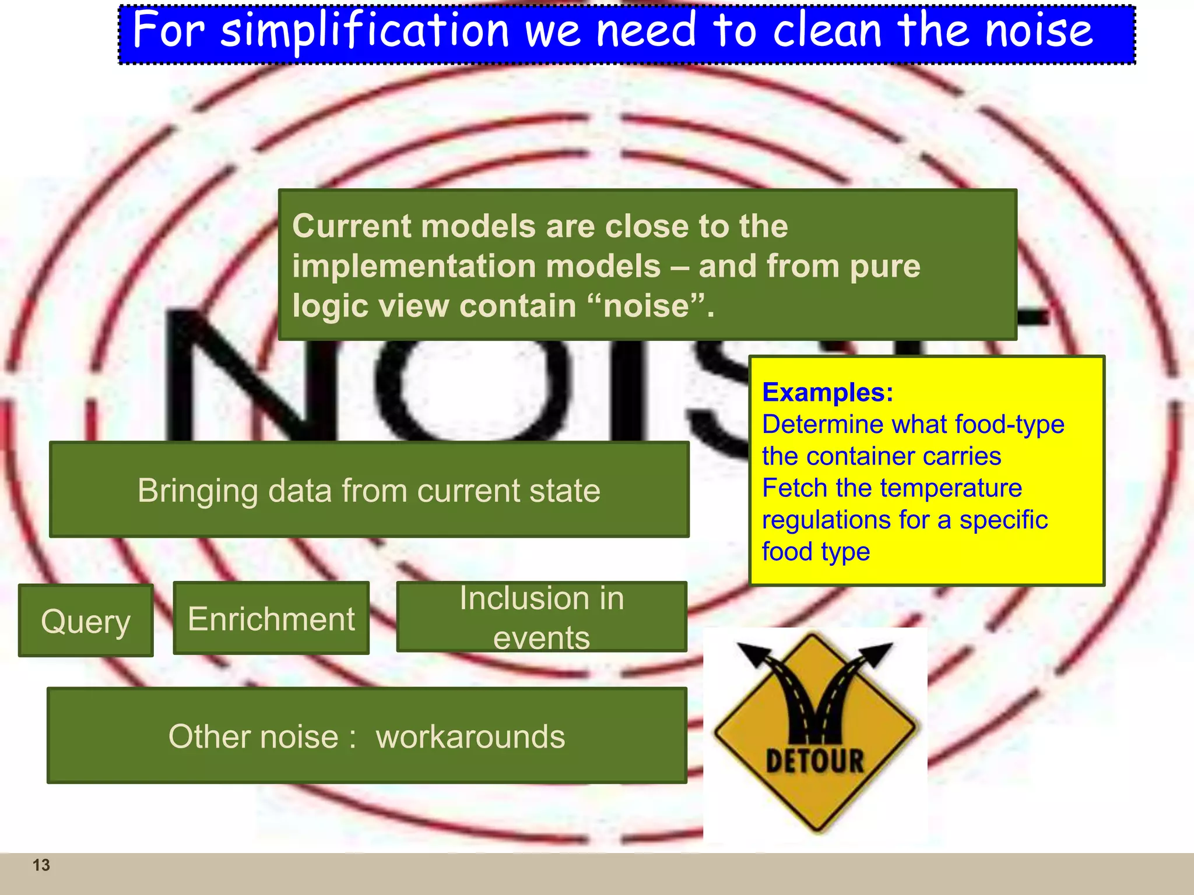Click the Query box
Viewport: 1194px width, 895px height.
[86, 621]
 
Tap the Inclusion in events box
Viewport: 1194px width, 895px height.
[541, 617]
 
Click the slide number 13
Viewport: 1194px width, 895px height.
[41, 865]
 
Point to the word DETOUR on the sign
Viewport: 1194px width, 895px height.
[814, 761]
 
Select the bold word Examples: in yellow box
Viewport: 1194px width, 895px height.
[827, 392]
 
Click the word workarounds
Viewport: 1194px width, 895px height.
[470, 737]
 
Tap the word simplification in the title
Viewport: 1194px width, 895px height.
[365, 30]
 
